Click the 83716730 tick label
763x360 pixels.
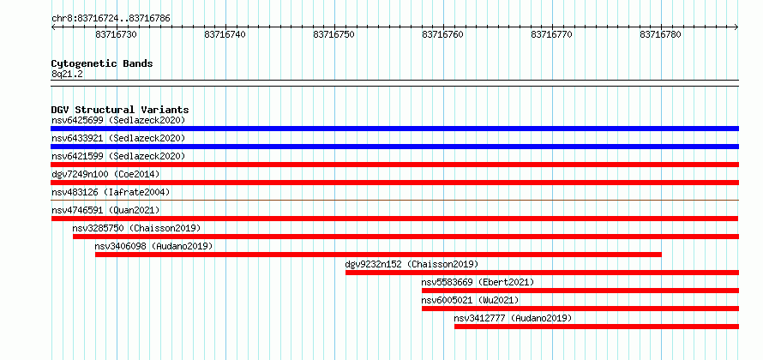[x=116, y=34]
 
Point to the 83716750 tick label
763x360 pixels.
[x=333, y=34]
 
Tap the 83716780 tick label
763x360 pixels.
[x=660, y=34]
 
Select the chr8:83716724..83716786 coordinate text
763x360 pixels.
[x=111, y=19]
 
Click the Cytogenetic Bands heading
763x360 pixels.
[x=102, y=63]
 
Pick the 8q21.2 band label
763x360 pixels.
[x=67, y=75]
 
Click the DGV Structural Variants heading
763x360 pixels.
[x=120, y=110]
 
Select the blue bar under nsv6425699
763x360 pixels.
[x=394, y=129]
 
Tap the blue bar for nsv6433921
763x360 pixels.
[x=394, y=147]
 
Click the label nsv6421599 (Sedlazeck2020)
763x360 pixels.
[x=118, y=156]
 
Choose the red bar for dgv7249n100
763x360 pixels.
[x=394, y=183]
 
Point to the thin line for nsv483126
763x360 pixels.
[x=394, y=200]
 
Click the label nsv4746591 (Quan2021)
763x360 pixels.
[x=105, y=210]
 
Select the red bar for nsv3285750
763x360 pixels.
[x=406, y=237]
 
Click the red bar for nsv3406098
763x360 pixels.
[x=378, y=255]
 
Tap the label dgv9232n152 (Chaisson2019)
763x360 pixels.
[x=412, y=264]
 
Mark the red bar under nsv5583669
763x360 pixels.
[x=580, y=291]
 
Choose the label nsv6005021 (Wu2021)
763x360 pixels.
[x=470, y=300]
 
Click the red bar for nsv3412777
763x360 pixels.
[x=597, y=327]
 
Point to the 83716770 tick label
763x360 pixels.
[x=551, y=34]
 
